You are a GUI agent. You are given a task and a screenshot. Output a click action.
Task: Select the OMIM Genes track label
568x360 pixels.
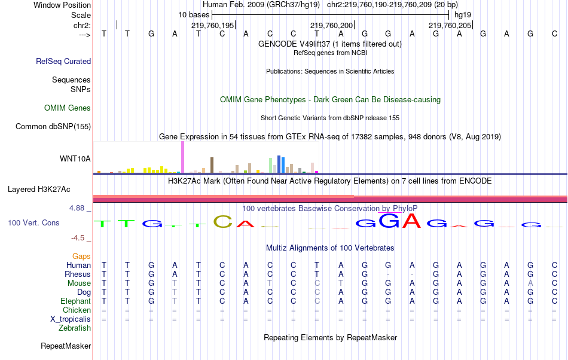[x=68, y=108]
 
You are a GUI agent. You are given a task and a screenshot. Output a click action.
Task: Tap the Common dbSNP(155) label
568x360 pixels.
[x=53, y=126]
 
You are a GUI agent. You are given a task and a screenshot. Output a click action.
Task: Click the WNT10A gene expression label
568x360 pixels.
[x=75, y=158]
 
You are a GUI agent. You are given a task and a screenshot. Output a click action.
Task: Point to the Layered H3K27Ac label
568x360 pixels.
[x=39, y=190]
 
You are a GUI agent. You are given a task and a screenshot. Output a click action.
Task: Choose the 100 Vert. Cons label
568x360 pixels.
[x=33, y=222]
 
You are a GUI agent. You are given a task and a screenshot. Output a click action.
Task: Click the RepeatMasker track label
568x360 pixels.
[x=66, y=346]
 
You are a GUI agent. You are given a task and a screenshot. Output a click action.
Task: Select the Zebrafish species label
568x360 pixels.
[x=75, y=328]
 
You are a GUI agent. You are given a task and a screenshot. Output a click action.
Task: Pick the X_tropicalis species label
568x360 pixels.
[x=71, y=319]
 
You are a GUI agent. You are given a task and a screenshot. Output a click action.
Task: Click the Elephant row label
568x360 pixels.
[x=75, y=301]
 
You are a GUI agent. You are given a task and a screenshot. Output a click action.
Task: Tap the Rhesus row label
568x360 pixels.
[x=78, y=274]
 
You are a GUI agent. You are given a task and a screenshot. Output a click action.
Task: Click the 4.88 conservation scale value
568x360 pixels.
[x=78, y=208]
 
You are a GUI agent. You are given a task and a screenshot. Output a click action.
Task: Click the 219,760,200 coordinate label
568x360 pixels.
[x=331, y=26]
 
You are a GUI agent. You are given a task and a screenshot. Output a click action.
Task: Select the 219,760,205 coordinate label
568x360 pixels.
[x=450, y=26]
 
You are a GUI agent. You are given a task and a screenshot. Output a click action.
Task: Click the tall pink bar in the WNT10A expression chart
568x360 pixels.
[x=182, y=157]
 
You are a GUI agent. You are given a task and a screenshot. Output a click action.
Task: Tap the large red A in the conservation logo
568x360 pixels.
[x=411, y=221]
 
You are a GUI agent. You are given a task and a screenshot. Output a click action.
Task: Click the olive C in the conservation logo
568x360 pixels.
[x=222, y=222]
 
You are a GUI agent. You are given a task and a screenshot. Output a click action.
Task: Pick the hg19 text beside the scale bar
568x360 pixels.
[x=463, y=14]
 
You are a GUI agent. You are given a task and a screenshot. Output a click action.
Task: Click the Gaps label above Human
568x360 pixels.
[x=82, y=256]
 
